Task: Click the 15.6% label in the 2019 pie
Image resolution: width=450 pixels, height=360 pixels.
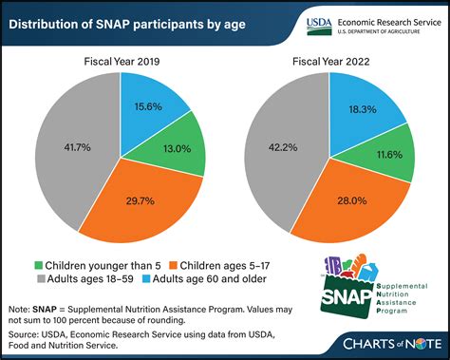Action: [148, 106]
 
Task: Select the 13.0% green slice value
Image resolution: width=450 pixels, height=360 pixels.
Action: [178, 148]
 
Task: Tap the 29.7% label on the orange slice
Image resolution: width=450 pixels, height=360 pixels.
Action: [141, 200]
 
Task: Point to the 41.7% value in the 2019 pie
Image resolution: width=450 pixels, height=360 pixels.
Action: [77, 147]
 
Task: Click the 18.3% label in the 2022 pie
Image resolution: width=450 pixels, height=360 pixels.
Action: [363, 109]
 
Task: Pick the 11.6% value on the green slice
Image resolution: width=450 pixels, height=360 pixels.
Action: [389, 155]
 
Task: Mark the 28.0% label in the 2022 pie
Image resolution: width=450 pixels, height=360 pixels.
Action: [352, 200]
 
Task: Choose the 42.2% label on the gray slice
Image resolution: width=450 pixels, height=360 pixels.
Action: [283, 147]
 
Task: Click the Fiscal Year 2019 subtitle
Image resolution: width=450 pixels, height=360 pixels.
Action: [122, 61]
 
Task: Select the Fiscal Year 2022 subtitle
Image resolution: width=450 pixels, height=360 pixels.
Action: [331, 61]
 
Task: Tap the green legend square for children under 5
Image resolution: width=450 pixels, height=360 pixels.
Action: [38, 265]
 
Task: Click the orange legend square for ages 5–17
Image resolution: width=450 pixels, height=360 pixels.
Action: [174, 265]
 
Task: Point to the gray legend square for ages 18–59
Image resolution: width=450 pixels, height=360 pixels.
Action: [41, 279]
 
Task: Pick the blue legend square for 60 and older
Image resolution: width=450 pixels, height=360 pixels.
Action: [146, 279]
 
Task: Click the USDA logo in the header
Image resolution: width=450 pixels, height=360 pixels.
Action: [319, 27]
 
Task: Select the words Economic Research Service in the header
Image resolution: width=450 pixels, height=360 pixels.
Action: [389, 23]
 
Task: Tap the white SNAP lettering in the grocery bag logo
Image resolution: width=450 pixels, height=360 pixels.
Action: [347, 297]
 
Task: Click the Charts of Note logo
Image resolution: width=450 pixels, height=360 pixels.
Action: [392, 344]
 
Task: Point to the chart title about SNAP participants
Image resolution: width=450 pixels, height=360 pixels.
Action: [127, 25]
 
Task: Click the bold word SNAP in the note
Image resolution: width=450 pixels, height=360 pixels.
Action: [45, 310]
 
